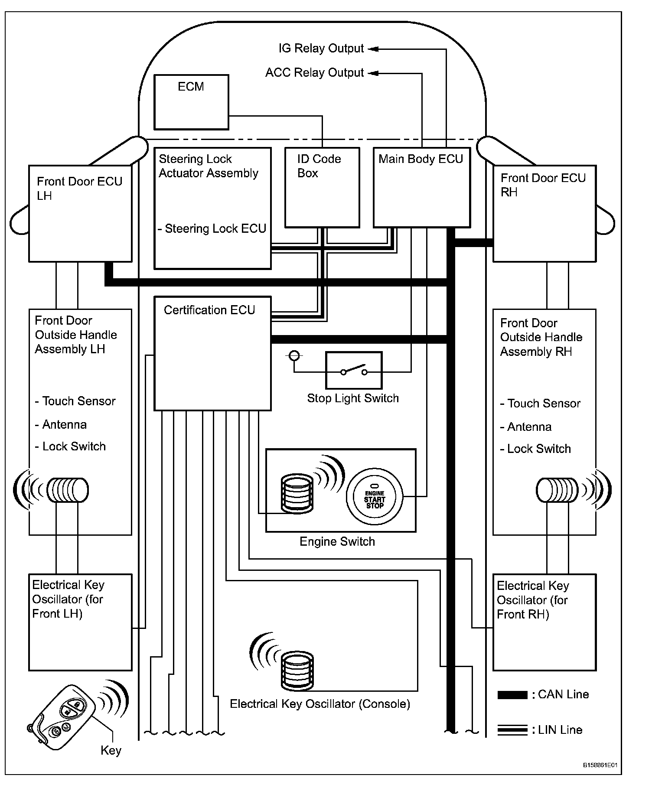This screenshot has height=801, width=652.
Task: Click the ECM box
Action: point(191,102)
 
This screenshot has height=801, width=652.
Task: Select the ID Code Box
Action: point(322,187)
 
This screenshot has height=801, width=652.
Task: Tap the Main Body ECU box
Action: point(421,187)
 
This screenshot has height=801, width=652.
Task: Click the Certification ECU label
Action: point(209,310)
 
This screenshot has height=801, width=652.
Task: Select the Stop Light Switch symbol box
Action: point(354,370)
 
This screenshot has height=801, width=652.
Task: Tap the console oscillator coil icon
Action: point(297,670)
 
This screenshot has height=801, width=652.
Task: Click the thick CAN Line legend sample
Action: point(512,695)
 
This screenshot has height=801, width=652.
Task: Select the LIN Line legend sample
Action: point(512,730)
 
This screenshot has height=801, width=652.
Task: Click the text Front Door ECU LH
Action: point(79,188)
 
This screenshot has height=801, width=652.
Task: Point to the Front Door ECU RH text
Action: point(543,185)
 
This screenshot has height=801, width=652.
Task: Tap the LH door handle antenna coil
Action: point(68,490)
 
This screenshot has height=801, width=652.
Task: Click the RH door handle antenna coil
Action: point(557,490)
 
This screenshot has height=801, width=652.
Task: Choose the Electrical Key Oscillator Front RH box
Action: point(544,622)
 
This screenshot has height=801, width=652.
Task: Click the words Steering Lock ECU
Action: point(215,229)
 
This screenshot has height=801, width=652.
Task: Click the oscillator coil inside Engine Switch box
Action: point(297,494)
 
